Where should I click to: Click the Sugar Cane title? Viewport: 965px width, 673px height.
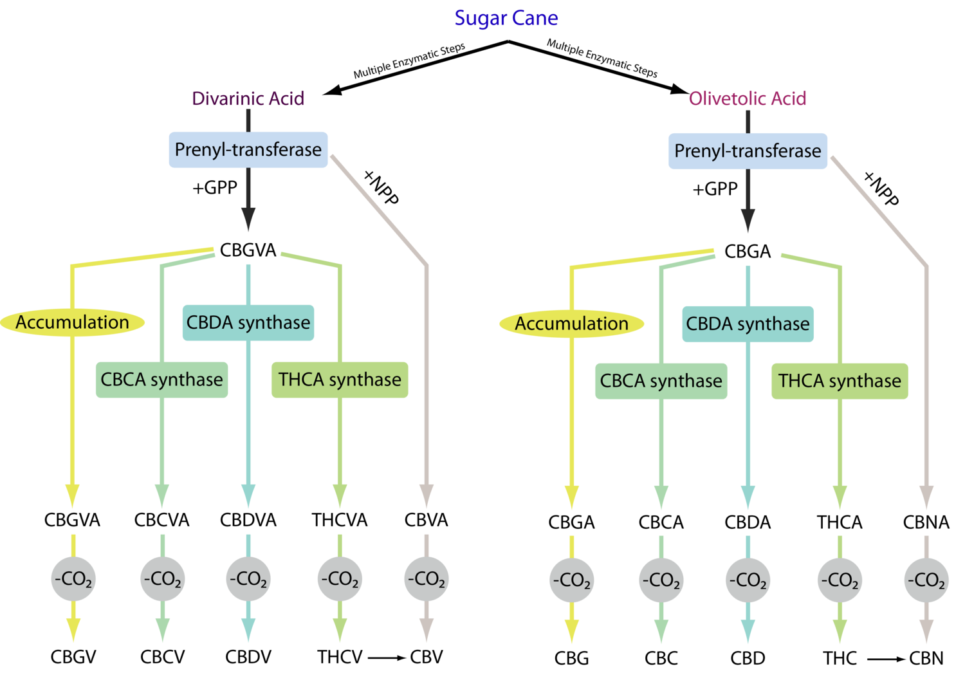click(506, 18)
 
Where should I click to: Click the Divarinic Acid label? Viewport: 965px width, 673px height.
click(248, 98)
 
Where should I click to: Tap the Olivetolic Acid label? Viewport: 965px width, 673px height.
click(748, 98)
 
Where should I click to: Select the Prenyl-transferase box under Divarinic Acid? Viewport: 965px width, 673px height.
click(248, 150)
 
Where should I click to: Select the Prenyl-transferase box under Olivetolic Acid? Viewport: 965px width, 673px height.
click(748, 151)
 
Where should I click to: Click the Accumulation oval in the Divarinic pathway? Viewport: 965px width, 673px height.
click(73, 322)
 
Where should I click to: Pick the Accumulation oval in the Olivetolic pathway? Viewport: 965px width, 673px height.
click(572, 324)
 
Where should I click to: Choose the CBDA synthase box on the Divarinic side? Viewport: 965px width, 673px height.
click(248, 322)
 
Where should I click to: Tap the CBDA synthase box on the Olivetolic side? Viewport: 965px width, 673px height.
click(748, 324)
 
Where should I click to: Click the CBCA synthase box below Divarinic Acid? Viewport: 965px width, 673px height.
click(161, 380)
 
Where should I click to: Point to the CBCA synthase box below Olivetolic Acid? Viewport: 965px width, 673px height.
click(661, 381)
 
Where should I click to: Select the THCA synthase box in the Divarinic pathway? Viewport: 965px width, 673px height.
click(340, 380)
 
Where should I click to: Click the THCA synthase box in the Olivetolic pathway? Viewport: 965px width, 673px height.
click(840, 381)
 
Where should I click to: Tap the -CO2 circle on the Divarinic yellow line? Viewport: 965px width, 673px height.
click(73, 579)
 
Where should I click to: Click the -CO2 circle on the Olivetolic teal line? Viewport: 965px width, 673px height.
click(748, 580)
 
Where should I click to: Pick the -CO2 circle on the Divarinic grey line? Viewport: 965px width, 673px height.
click(426, 579)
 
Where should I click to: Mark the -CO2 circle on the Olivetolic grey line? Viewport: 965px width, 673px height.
click(926, 580)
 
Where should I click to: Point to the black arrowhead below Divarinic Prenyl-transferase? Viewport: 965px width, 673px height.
click(248, 219)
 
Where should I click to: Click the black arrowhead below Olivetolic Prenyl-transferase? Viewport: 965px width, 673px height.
click(748, 220)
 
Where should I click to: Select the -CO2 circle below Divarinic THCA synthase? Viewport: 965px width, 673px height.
click(340, 579)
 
